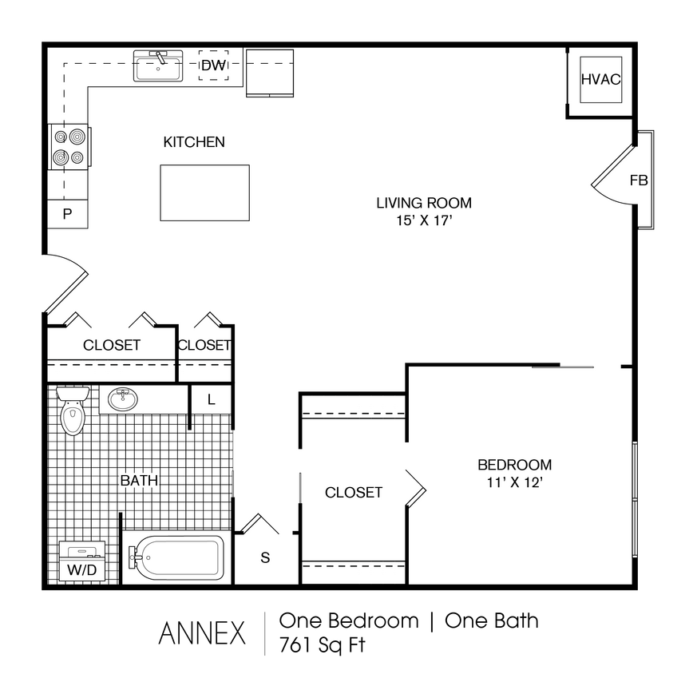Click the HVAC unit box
600,79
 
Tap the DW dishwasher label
213,65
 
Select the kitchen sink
158,66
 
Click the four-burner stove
69,147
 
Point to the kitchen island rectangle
204,192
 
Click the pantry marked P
68,213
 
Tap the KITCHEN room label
194,142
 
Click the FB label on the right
639,180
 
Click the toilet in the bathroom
73,412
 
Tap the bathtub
177,556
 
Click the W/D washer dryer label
82,570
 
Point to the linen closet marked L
212,400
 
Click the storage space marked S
265,557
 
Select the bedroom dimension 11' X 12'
514,482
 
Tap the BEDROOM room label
514,465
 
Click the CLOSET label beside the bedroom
354,493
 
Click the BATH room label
139,481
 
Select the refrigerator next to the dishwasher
271,72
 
